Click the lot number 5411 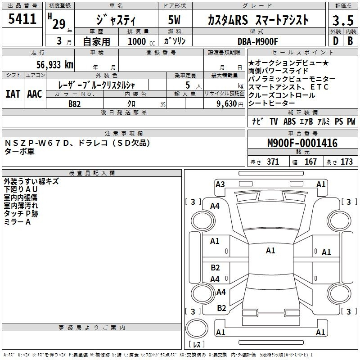coord(22,19)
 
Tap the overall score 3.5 coord(343,21)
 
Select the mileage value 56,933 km coord(55,65)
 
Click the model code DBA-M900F coord(258,41)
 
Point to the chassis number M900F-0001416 coord(302,143)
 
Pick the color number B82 coord(75,104)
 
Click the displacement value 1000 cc coord(141,41)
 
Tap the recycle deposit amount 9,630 coord(226,104)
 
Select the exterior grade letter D coord(336,41)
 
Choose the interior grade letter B coord(350,41)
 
